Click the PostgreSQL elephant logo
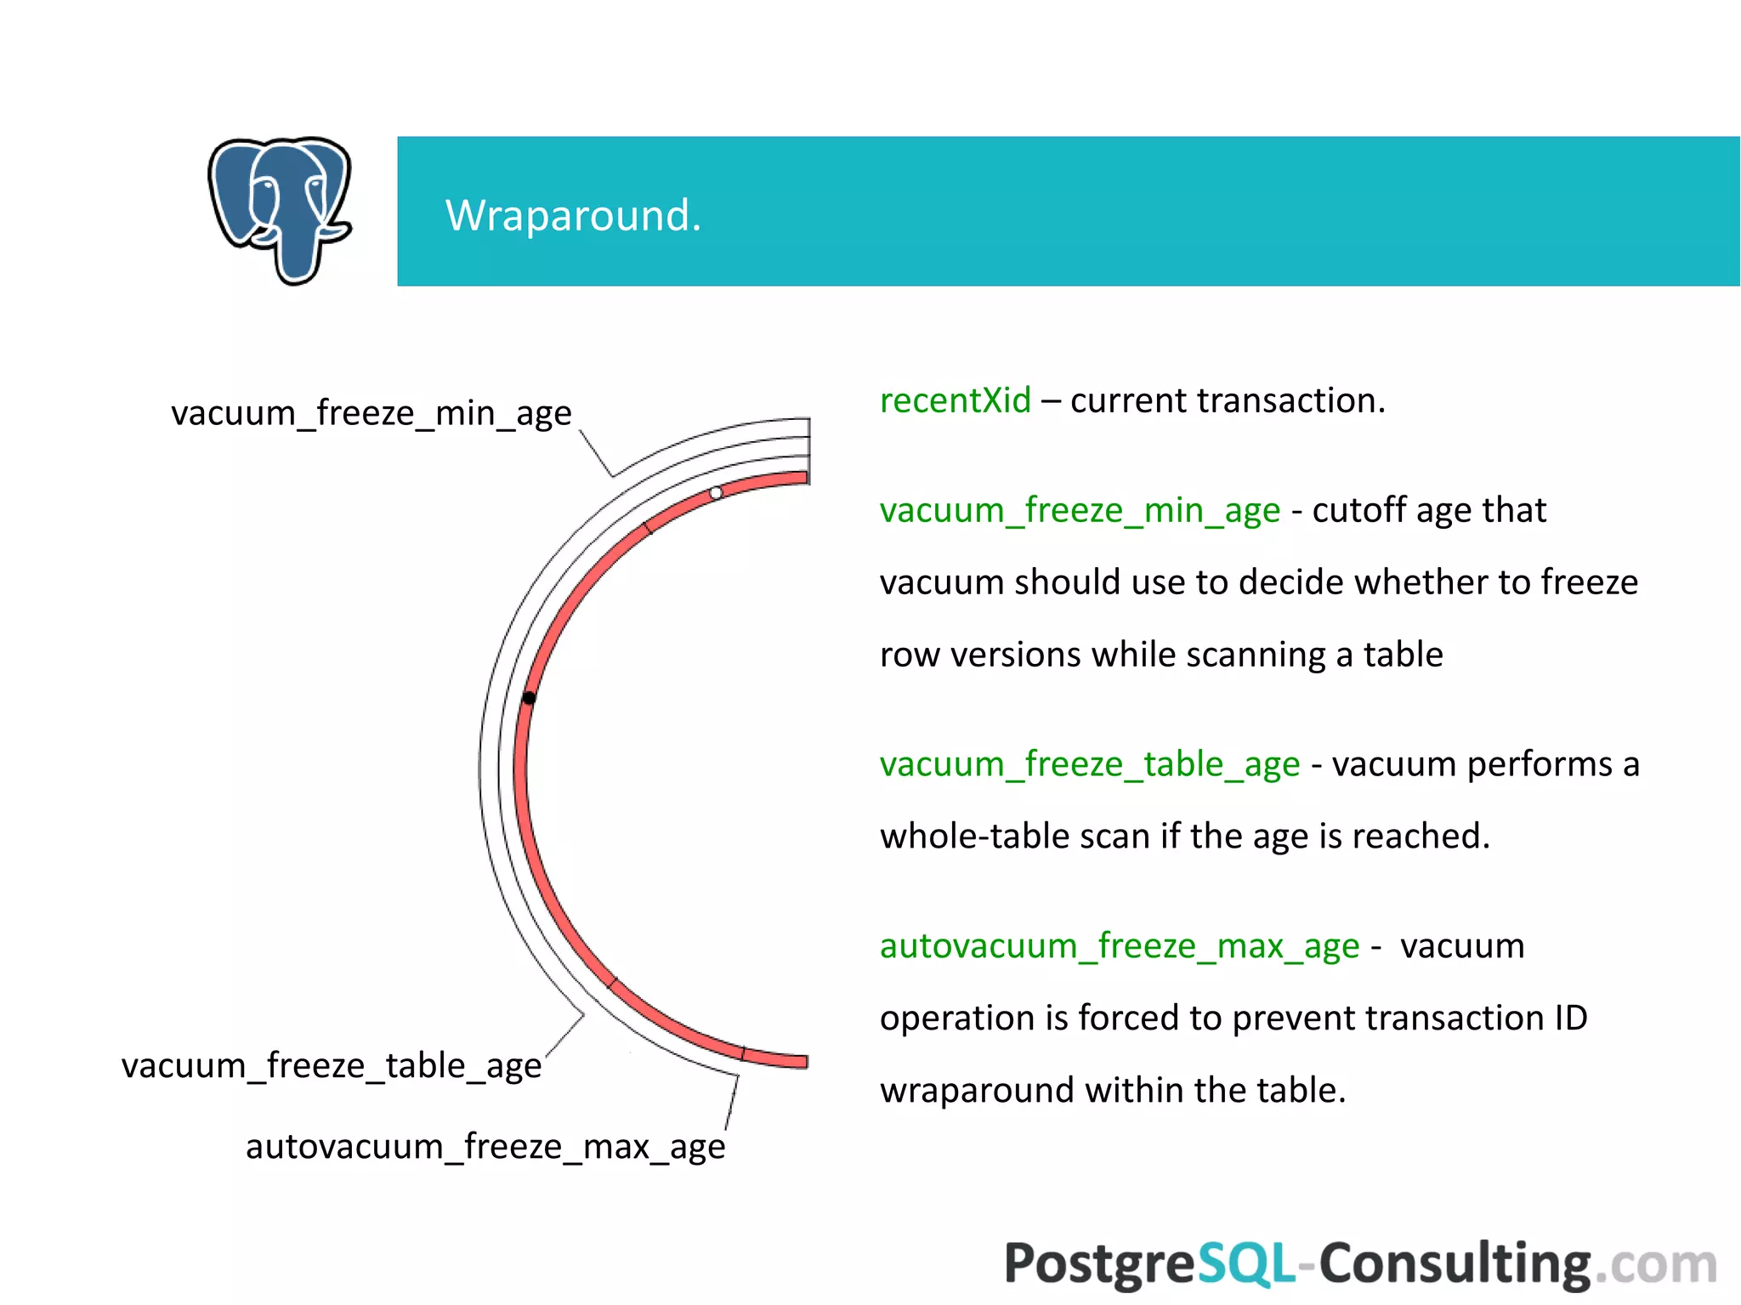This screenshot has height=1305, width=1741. coord(280,210)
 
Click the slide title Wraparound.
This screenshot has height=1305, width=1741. coord(573,215)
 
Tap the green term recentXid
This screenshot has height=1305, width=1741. coord(955,400)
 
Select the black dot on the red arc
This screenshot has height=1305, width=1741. coord(529,698)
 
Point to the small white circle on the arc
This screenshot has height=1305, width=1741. coord(716,493)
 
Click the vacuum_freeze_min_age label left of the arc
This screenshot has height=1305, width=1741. coord(371,414)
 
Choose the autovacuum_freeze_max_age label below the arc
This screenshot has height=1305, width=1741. coord(485,1147)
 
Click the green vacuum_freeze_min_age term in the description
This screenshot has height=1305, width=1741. coord(1079,510)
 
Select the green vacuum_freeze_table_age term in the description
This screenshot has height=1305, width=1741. coord(1089,764)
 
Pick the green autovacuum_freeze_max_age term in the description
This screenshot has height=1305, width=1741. coord(1119,946)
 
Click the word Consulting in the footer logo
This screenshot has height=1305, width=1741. coord(1454,1264)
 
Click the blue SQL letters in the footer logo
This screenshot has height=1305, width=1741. coord(1246,1264)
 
